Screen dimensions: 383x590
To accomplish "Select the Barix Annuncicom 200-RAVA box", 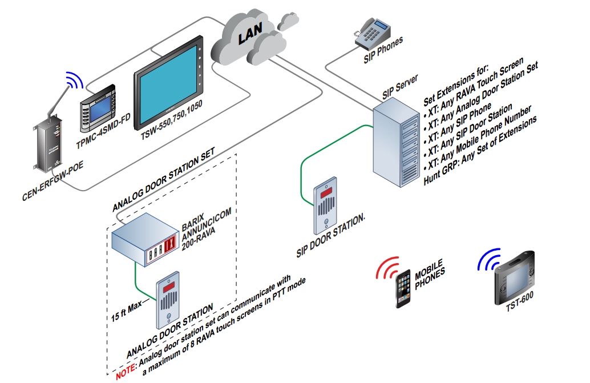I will coord(146,239).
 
